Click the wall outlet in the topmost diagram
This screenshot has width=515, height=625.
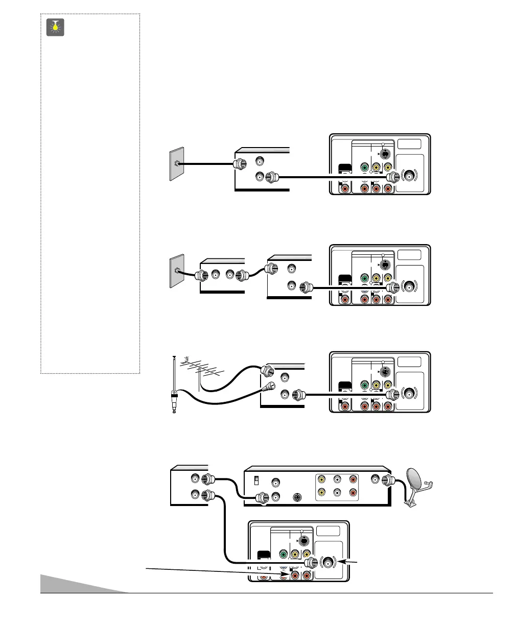point(175,164)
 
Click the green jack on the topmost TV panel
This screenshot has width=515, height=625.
point(364,167)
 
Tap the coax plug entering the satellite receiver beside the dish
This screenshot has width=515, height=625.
point(386,480)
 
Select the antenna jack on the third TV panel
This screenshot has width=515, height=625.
point(410,394)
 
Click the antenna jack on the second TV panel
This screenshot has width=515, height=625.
point(410,286)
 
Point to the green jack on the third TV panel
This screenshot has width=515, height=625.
point(364,384)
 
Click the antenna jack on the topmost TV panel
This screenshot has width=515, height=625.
point(410,177)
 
